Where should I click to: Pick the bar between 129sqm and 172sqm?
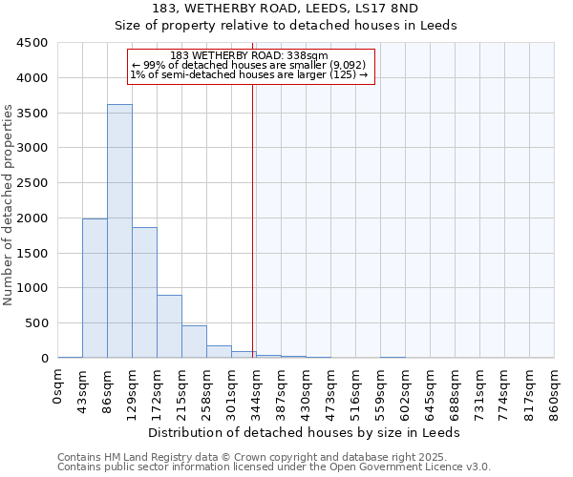pos(144,292)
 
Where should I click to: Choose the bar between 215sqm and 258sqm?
pos(194,342)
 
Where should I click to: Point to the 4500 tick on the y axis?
pos(33,43)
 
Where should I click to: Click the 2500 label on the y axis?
pos(33,183)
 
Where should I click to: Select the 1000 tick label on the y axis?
pos(33,288)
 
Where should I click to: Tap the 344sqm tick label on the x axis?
pos(256,390)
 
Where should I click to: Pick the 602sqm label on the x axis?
pos(405,390)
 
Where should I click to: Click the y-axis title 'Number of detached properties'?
pos(10,205)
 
